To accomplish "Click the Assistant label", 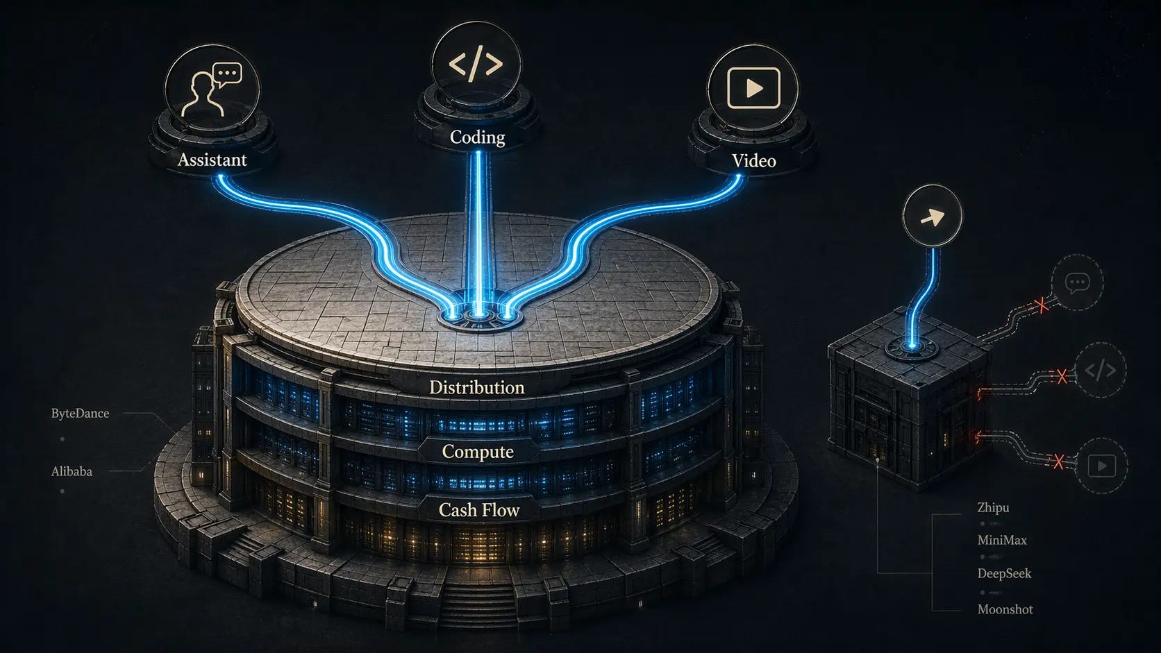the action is click(212, 160).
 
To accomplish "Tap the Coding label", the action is click(477, 137).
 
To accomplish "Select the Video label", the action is click(753, 160).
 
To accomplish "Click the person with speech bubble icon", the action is click(211, 90).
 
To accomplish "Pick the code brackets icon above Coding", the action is click(476, 64).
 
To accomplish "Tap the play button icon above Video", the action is click(753, 88).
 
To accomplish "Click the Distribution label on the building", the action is click(476, 387).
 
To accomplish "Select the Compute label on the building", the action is click(478, 452).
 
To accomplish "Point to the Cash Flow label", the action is click(479, 510).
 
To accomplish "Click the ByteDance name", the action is click(80, 414).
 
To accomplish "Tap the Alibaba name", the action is click(72, 472).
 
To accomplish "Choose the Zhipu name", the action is click(993, 507).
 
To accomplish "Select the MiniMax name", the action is click(1001, 540).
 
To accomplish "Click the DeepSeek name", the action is click(1004, 573).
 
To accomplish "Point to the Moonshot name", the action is click(1005, 609).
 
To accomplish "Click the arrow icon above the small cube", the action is click(932, 217).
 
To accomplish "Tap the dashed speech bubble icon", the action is click(1077, 282).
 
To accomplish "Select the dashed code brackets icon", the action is click(1100, 371).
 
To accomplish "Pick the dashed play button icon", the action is click(1101, 466).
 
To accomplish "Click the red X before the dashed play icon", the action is click(1058, 461).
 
